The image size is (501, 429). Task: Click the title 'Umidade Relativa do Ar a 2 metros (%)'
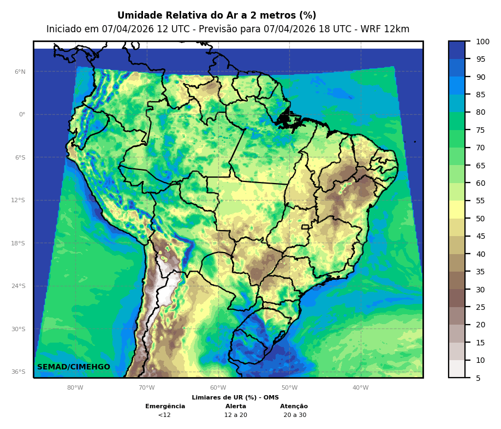217,16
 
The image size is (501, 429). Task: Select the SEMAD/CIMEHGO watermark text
74,367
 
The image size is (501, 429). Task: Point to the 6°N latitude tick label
20,72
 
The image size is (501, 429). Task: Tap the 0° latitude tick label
22,115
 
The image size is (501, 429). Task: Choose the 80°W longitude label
75,388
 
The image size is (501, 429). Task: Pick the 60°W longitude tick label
218,388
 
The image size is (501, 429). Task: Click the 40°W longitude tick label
360,388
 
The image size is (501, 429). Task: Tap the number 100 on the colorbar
482,42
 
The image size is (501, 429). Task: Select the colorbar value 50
480,219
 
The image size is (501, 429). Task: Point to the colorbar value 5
478,378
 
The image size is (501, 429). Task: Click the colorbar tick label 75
480,131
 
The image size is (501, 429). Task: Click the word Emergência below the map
165,407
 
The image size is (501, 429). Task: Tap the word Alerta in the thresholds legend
236,407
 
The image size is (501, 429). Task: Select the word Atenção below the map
294,407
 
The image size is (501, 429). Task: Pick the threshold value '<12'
164,415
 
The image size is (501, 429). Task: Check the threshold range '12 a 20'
236,415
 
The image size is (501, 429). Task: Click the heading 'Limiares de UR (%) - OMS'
235,398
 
